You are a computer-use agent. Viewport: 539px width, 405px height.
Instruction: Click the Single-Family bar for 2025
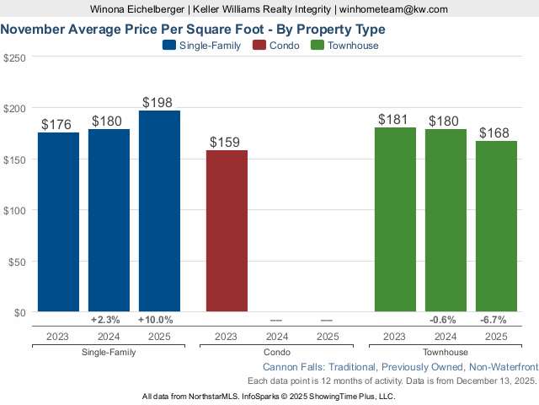[x=159, y=211]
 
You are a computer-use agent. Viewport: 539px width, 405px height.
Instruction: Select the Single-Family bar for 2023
[x=58, y=222]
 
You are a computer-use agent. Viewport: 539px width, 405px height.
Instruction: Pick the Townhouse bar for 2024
[x=446, y=220]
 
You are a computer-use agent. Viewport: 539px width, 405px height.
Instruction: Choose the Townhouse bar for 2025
[x=496, y=226]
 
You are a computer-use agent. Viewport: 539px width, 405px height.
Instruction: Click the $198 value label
[x=159, y=103]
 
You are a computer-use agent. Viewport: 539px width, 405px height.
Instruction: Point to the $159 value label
[x=227, y=143]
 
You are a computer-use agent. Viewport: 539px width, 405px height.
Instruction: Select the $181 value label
[x=395, y=120]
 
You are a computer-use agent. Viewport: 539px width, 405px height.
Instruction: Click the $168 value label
[x=496, y=133]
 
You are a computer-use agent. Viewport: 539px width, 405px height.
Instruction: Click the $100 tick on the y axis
[x=14, y=210]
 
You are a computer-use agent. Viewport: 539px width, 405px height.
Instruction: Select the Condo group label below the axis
[x=277, y=352]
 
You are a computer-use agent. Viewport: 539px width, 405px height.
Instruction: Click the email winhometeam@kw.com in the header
[x=394, y=8]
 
